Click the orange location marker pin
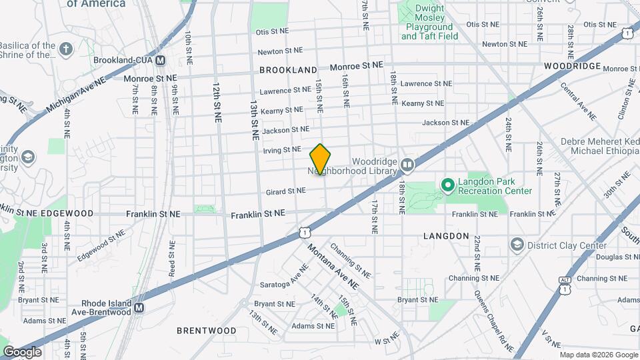pos(321,159)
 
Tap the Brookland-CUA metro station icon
pos(160,60)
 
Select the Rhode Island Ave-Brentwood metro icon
pos(139,307)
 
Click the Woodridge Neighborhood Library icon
pos(407,163)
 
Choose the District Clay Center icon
pos(516,245)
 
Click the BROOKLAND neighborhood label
pos(288,69)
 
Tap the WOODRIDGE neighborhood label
pos(572,67)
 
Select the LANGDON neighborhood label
pos(447,236)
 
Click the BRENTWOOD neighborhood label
pos(206,330)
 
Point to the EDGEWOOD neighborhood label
pos(67,213)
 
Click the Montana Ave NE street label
pos(333,266)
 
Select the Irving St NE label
pos(282,150)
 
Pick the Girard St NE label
pos(285,191)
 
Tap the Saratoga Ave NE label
pos(294,280)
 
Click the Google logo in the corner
pos(21,351)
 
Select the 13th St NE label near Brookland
pos(254,120)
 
